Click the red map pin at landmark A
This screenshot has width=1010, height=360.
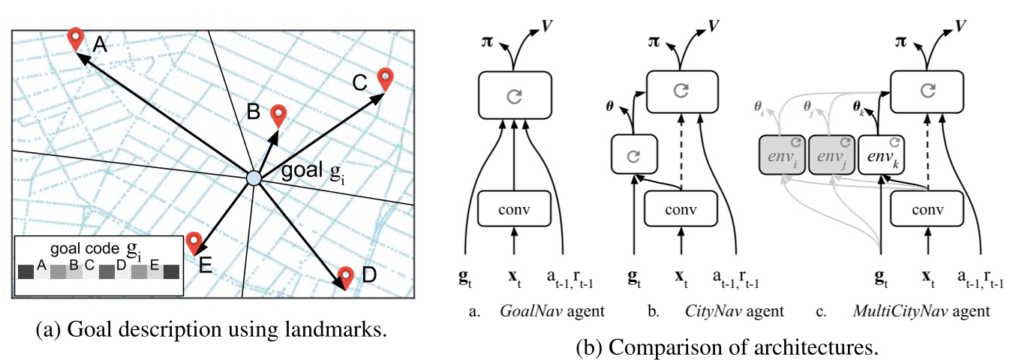click(75, 39)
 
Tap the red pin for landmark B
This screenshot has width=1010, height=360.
click(278, 116)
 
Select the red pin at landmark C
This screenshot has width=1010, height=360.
click(385, 79)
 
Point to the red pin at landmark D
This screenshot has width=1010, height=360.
click(346, 277)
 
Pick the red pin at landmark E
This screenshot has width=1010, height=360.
click(194, 243)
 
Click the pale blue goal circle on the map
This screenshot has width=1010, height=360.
click(254, 178)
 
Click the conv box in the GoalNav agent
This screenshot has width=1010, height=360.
click(514, 208)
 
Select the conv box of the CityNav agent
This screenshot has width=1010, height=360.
click(681, 208)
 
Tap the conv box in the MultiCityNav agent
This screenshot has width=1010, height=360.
click(927, 208)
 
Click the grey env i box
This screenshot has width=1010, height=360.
click(783, 154)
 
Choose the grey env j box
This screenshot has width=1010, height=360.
click(831, 154)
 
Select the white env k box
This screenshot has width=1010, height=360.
click(881, 154)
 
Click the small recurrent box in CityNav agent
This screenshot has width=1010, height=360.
click(634, 154)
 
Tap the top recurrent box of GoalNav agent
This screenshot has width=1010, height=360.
click(515, 95)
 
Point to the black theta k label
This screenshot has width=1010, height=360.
click(858, 108)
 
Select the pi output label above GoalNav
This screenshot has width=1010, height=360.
click(487, 42)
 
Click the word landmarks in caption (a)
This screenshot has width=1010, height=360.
click(335, 330)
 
